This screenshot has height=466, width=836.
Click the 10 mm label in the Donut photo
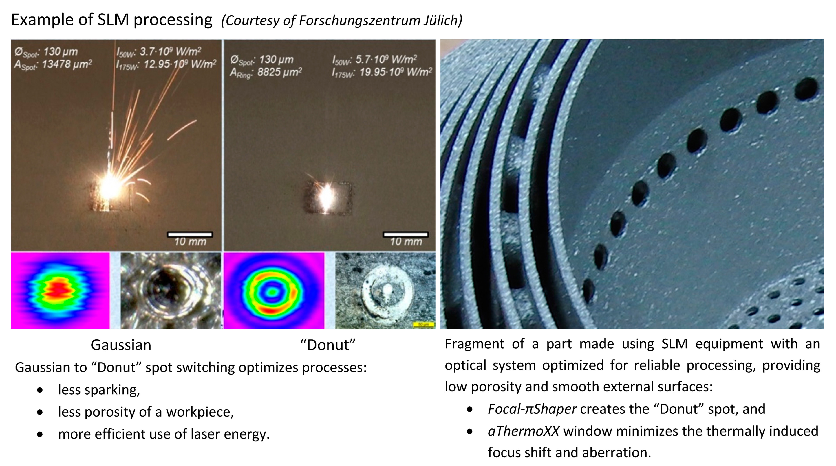(x=406, y=242)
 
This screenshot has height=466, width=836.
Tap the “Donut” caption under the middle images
(x=328, y=345)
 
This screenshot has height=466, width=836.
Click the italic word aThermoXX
(x=524, y=431)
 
